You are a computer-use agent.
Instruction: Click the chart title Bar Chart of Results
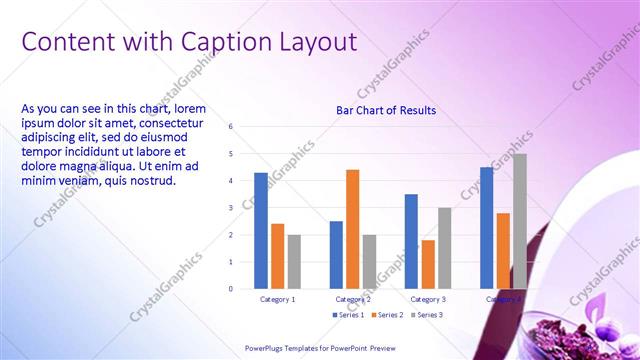tap(385, 110)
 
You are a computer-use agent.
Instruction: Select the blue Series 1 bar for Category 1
tap(261, 231)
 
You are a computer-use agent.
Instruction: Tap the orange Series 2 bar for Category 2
tap(352, 229)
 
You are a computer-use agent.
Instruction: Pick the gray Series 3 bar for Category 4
tap(519, 221)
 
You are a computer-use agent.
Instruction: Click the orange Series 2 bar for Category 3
tap(428, 264)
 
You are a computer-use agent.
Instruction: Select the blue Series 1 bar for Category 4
tap(486, 228)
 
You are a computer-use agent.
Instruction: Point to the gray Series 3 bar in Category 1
tap(294, 261)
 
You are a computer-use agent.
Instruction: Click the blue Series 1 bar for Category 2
tap(336, 255)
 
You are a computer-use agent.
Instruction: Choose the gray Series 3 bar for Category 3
tap(444, 248)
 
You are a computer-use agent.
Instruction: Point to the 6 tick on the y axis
tap(231, 127)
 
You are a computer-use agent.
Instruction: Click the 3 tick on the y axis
tap(231, 208)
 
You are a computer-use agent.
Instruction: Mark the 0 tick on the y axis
tap(231, 289)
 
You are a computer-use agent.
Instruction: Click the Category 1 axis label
tap(277, 299)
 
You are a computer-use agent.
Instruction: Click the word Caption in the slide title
tap(223, 42)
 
